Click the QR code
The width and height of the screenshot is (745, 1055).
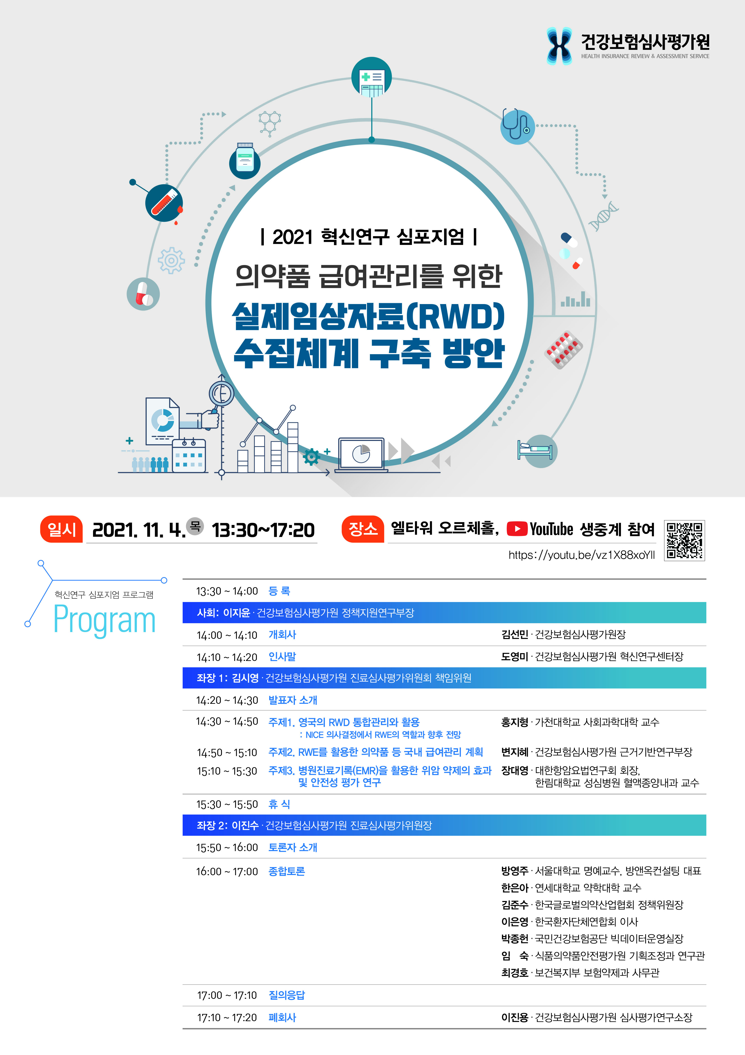(x=684, y=540)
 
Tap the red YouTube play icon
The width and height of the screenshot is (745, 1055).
(x=517, y=529)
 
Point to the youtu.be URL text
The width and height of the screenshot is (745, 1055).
(x=582, y=555)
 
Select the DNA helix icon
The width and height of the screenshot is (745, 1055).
(x=604, y=216)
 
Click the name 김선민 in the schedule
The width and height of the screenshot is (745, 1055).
(x=515, y=635)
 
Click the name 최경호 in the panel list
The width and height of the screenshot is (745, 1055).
(x=515, y=973)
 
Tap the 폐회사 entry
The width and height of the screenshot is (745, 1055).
(x=282, y=1017)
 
